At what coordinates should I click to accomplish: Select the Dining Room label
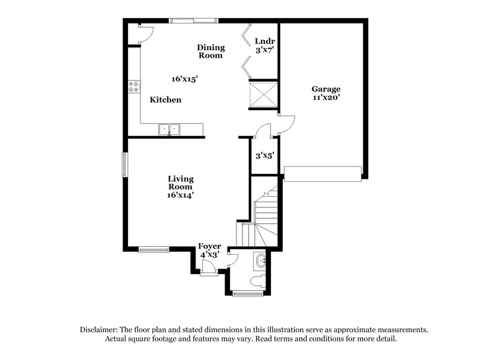click(211, 51)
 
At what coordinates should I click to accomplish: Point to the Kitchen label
click(166, 100)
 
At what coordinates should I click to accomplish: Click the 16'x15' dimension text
click(184, 79)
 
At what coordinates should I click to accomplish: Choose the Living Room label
click(180, 183)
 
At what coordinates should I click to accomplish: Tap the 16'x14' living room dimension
click(180, 195)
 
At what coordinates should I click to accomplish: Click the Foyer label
click(210, 247)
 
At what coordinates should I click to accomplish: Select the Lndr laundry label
click(264, 41)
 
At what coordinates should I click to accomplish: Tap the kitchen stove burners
click(132, 88)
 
